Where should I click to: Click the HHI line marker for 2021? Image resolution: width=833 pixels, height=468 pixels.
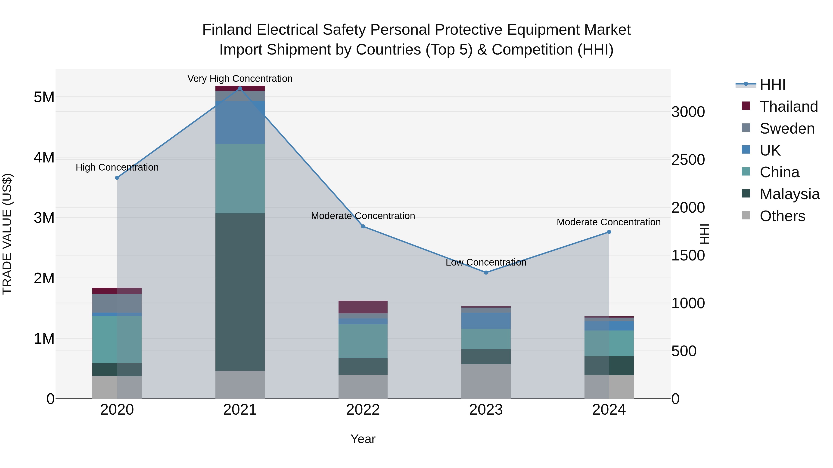[240, 89]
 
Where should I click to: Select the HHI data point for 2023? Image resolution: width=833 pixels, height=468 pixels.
[486, 273]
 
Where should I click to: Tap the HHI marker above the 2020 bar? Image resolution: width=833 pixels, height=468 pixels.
[117, 178]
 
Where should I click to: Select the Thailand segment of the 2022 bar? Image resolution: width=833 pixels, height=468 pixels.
[363, 307]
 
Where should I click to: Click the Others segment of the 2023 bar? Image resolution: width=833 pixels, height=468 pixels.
[486, 381]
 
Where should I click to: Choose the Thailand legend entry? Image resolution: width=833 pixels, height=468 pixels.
[788, 107]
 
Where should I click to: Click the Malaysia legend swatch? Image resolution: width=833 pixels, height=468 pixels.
[746, 194]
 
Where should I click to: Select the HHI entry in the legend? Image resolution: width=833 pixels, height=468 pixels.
[772, 85]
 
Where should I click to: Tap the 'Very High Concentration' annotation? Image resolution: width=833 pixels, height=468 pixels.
[240, 79]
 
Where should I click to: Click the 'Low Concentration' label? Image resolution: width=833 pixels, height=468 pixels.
[486, 262]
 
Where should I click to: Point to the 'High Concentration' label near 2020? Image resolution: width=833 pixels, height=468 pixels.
[117, 167]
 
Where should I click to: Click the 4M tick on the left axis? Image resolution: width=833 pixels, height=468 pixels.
[44, 158]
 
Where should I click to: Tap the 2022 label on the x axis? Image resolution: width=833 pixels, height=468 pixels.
[363, 410]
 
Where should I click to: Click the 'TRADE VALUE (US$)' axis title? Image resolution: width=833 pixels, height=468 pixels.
[7, 234]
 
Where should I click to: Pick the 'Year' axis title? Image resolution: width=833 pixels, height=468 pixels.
[363, 439]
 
